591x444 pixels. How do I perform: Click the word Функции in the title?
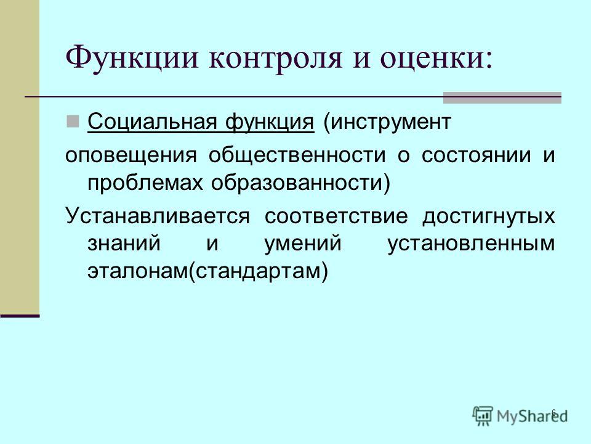tap(131, 57)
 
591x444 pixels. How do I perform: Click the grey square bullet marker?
tap(73, 121)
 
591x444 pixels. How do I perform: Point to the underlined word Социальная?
tap(152, 121)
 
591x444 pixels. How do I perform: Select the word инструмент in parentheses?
tap(387, 122)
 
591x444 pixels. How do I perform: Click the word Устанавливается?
tap(158, 216)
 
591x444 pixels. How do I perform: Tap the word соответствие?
tap(336, 216)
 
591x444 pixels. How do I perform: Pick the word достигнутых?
tap(489, 216)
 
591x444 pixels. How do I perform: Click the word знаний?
tap(124, 243)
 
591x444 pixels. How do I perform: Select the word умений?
tap(303, 244)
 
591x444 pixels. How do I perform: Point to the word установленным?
tap(471, 244)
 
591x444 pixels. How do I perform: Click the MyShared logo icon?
tap(483, 416)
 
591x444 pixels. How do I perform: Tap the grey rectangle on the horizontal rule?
tap(502, 97)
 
